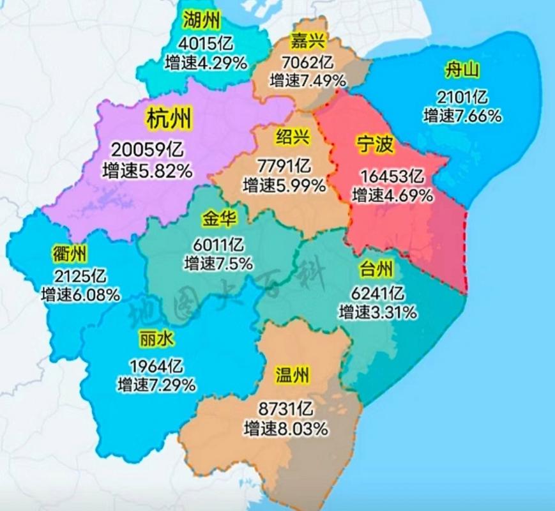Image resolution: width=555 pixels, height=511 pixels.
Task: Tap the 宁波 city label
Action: click(375, 146)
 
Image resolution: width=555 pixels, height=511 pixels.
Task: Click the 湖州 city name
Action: click(201, 20)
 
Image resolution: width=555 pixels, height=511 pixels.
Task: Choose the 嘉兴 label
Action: click(308, 42)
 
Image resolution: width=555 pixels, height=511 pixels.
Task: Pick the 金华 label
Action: click(219, 220)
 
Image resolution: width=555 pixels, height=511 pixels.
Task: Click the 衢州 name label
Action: click(70, 254)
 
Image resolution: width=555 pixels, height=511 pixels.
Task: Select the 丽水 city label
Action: click(156, 340)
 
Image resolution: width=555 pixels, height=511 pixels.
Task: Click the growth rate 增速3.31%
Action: click(379, 312)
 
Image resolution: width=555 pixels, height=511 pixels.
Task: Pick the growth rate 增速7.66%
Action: click(462, 116)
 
